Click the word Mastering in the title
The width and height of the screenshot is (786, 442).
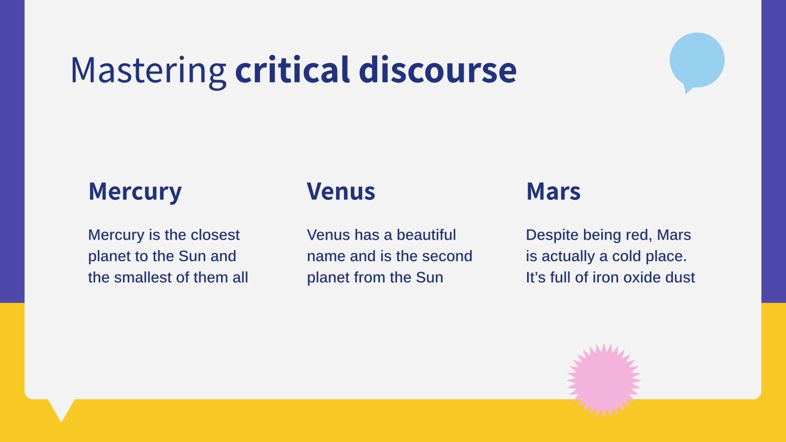pos(148,71)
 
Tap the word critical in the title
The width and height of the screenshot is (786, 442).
pos(292,69)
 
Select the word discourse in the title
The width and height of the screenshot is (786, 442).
pos(438,69)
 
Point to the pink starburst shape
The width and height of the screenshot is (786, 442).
pos(604,380)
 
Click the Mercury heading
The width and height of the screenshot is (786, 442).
pos(135,192)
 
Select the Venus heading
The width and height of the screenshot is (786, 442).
pos(341,191)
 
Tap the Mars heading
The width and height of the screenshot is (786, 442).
pos(553,191)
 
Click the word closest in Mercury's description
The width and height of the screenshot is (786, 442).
pos(215,235)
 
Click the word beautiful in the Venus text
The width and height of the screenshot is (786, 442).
pos(426,235)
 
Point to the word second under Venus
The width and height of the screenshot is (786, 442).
pos(447,256)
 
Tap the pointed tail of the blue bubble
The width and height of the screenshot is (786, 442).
pos(688,89)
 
